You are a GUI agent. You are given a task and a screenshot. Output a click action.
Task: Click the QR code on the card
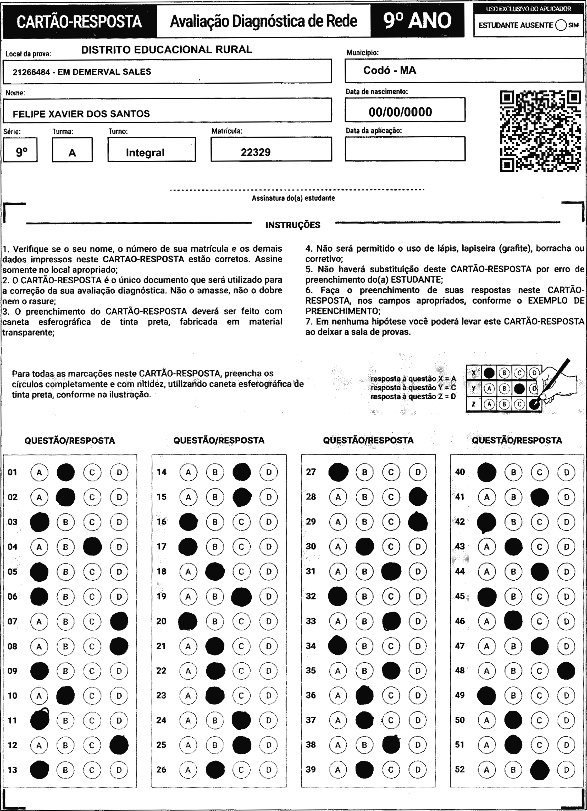[540, 131]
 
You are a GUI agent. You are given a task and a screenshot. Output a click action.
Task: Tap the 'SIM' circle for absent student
[561, 25]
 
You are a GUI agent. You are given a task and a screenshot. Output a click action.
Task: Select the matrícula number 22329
[256, 152]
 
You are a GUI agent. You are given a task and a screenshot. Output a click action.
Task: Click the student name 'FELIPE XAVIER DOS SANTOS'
[81, 114]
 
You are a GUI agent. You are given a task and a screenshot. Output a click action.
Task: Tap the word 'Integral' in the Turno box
[145, 153]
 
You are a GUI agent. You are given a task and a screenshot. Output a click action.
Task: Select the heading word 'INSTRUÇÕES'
[293, 225]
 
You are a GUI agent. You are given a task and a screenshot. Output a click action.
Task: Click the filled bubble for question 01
[66, 472]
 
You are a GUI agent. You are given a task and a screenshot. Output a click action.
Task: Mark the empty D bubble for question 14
[269, 472]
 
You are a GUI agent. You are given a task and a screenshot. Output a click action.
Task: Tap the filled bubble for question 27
[338, 472]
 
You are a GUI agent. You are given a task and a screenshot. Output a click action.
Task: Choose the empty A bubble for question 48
[487, 671]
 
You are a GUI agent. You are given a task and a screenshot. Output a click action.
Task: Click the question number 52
[460, 769]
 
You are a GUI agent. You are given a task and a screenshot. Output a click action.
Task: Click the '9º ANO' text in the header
[417, 21]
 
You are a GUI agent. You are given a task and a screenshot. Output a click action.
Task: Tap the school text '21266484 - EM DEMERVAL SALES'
[82, 72]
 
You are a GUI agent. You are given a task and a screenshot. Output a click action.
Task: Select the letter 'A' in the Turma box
[72, 153]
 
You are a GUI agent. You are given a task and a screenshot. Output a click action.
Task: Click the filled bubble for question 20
[188, 621]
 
